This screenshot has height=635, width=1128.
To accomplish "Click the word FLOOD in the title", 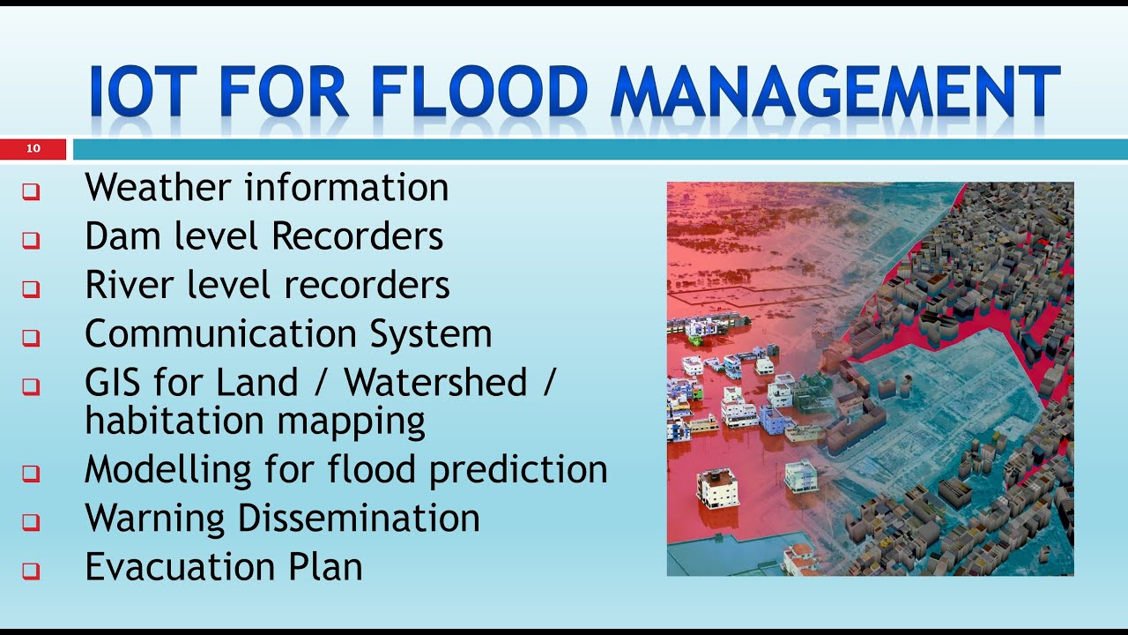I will point(479,93).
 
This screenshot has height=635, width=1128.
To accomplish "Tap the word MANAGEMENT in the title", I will point(835,93).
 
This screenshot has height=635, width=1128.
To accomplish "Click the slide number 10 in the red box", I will point(33,149).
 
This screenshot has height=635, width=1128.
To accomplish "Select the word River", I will point(126,285).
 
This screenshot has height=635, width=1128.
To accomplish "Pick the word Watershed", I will point(436,383).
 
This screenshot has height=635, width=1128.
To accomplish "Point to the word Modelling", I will point(167,469).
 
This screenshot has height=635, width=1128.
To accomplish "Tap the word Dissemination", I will point(359,518).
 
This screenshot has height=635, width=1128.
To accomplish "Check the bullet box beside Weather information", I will point(32,191).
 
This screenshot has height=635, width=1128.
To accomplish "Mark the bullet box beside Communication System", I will point(32,337).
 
